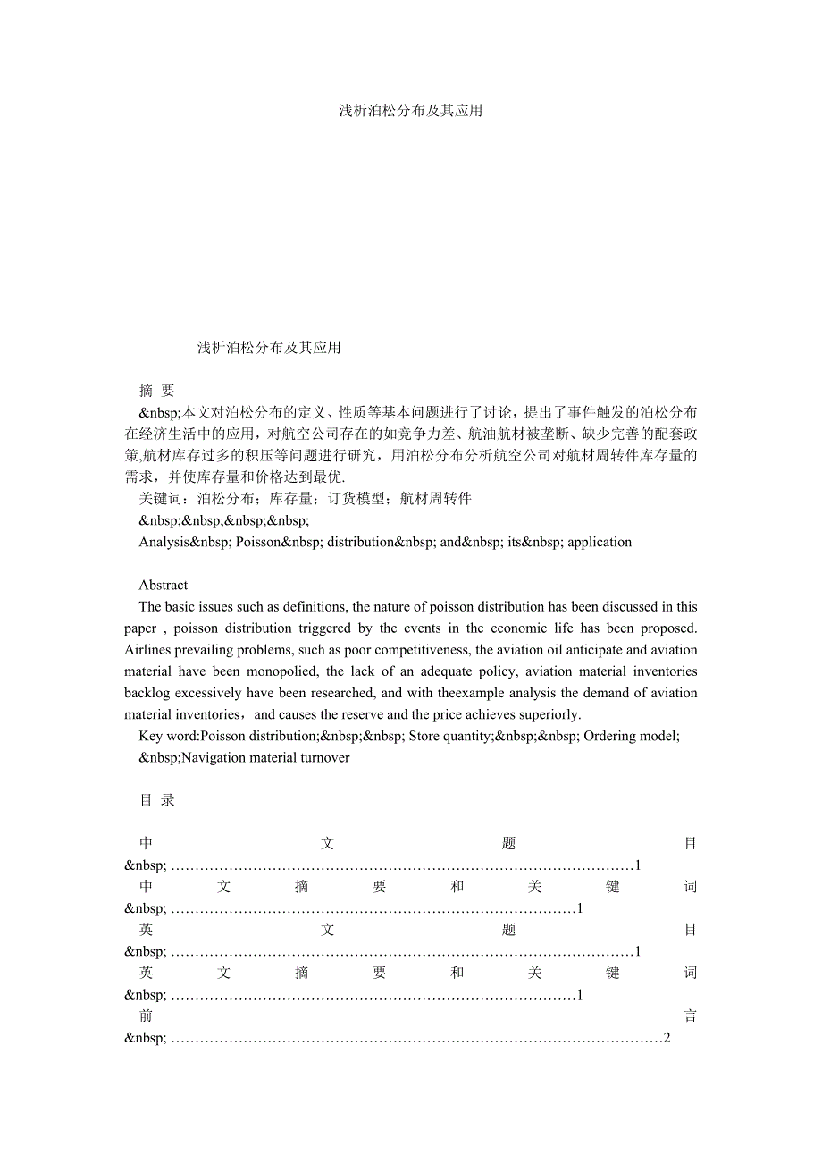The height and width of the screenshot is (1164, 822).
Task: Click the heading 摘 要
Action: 157,391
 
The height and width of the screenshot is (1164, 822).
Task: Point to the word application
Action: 600,542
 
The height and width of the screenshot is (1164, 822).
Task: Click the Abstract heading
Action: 164,586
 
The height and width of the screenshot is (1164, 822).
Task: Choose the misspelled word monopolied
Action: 286,671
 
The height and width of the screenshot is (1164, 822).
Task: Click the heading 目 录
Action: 157,801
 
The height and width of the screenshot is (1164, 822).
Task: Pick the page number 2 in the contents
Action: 667,1038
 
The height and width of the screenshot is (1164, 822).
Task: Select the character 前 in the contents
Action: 147,1016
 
